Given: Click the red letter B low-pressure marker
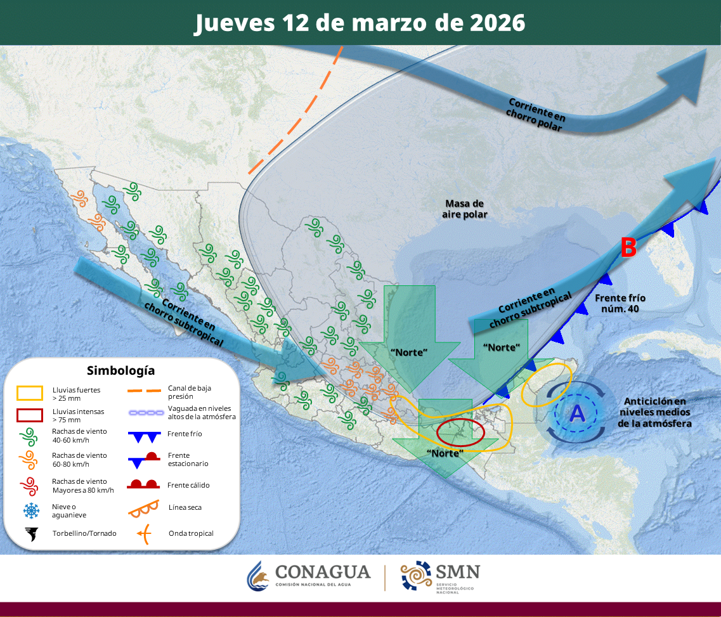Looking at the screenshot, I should pyautogui.click(x=628, y=248).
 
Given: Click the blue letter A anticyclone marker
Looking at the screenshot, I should pyautogui.click(x=577, y=413).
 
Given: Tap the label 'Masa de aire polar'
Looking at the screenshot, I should pyautogui.click(x=464, y=209).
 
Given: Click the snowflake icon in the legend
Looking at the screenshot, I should pyautogui.click(x=30, y=510).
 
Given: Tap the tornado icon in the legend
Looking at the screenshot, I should pyautogui.click(x=30, y=533).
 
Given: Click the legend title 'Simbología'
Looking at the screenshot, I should pyautogui.click(x=120, y=370).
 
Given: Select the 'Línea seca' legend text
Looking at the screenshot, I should pyautogui.click(x=185, y=507).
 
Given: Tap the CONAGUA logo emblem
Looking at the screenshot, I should pyautogui.click(x=258, y=576).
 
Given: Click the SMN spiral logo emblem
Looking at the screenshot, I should pyautogui.click(x=415, y=576).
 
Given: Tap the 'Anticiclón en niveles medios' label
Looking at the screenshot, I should pyautogui.click(x=655, y=412).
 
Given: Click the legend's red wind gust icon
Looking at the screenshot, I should pyautogui.click(x=29, y=486).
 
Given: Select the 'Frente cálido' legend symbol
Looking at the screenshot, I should pyautogui.click(x=143, y=485).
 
